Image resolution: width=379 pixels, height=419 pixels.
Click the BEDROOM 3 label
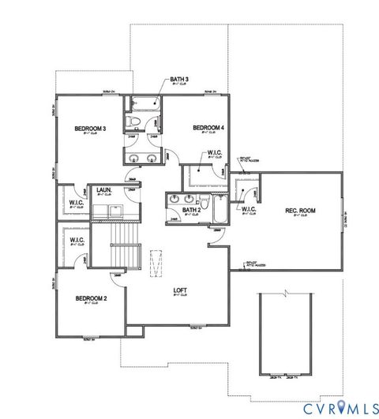(91, 128)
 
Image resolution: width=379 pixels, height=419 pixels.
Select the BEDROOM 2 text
(91, 298)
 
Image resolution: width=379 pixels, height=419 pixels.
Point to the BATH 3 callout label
(179, 80)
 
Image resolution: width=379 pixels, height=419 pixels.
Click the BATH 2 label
(192, 210)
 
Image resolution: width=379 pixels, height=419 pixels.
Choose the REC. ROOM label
(300, 210)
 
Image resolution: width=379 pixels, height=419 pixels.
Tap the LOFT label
(181, 290)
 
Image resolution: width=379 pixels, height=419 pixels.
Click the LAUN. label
(103, 190)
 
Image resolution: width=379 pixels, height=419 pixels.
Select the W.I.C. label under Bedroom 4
(213, 153)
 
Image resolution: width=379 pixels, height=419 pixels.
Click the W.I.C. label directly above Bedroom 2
(77, 240)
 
